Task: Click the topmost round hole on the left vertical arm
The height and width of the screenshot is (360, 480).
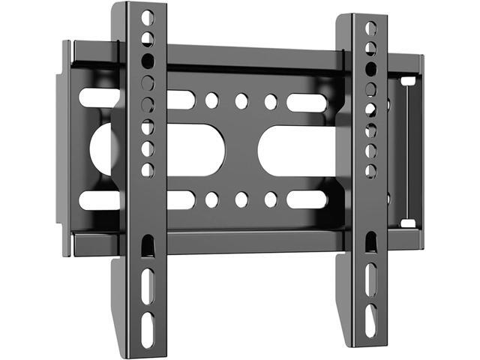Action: (x=148, y=17)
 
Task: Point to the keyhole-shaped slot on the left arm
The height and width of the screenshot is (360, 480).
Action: (x=148, y=246)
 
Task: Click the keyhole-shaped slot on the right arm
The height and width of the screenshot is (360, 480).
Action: (x=370, y=241)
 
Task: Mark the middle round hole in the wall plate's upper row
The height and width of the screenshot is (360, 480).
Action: (x=241, y=100)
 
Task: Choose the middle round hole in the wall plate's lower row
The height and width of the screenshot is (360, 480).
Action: (x=241, y=199)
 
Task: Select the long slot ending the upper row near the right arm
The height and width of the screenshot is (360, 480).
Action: (x=307, y=102)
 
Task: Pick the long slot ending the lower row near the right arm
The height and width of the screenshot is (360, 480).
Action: (x=307, y=199)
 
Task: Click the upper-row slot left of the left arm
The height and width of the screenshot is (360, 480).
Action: (x=100, y=97)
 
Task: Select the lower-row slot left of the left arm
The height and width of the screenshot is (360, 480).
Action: (x=100, y=200)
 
